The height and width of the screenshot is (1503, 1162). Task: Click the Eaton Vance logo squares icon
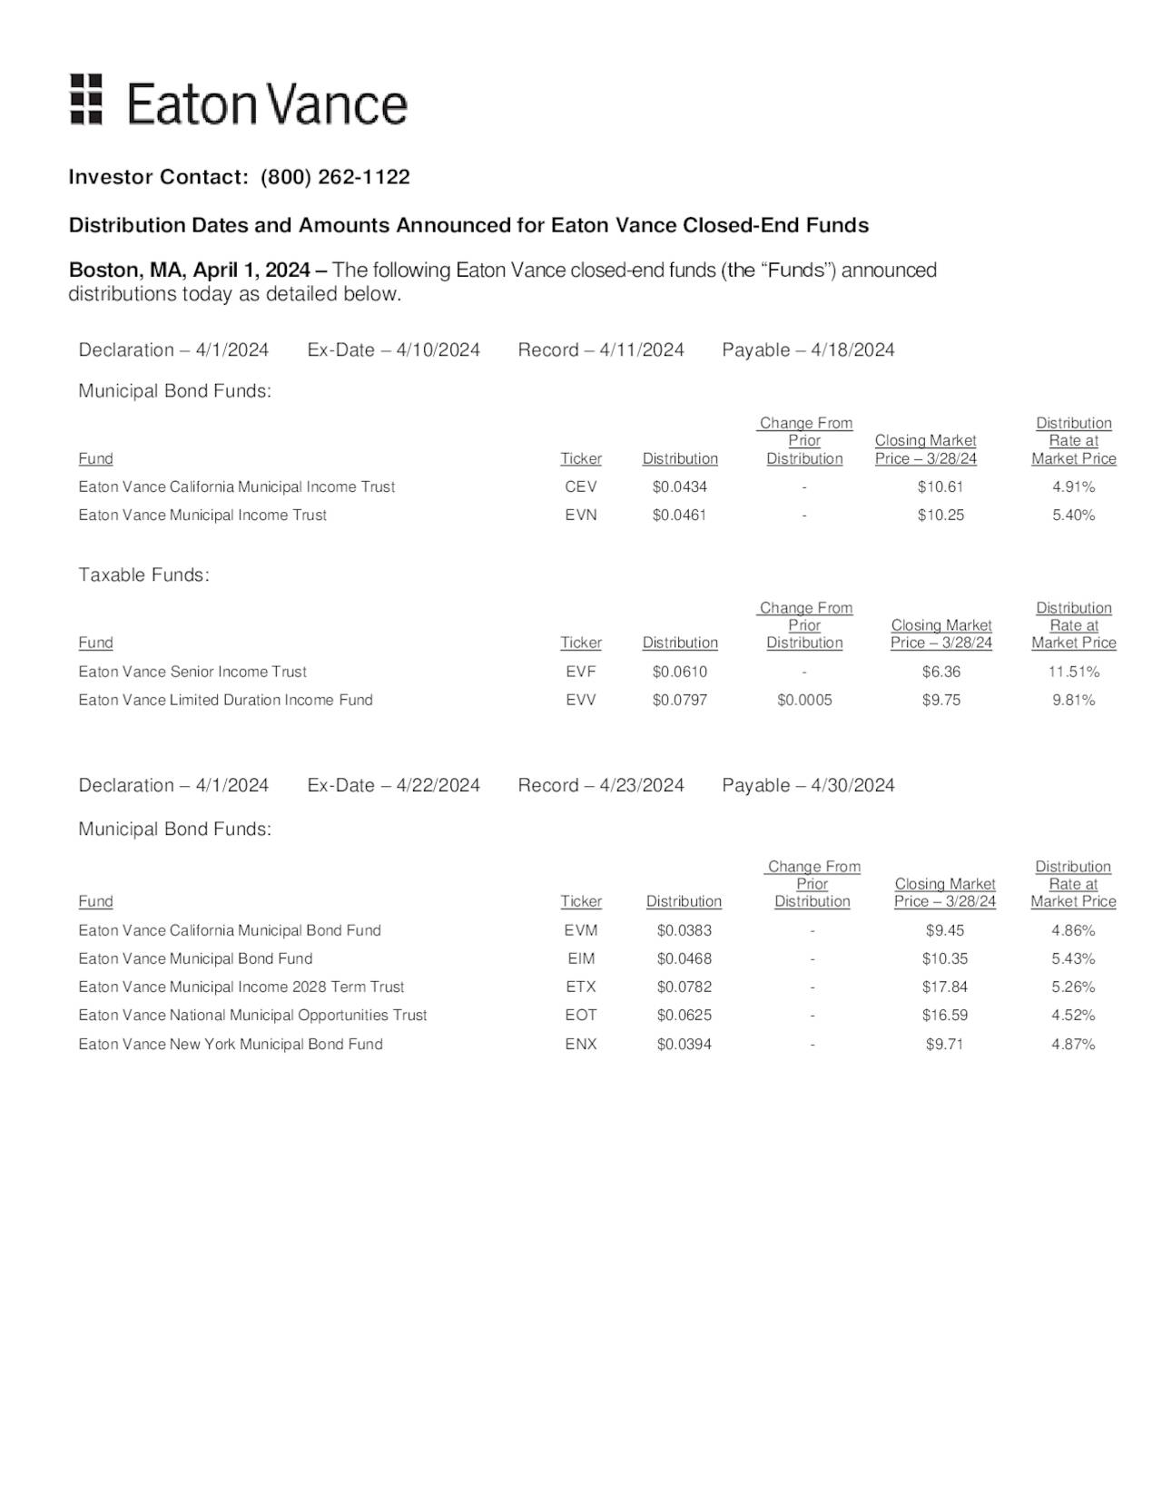(86, 99)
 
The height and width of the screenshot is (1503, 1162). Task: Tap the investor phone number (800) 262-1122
(335, 177)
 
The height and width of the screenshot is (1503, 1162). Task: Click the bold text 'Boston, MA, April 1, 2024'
(189, 270)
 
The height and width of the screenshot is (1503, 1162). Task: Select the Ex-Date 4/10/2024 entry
(393, 350)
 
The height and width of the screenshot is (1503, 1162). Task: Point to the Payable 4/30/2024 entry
(808, 785)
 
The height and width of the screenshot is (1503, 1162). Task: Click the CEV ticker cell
(581, 486)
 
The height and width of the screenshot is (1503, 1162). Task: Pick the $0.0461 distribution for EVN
(679, 515)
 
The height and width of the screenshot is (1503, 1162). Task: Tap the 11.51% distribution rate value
(1073, 672)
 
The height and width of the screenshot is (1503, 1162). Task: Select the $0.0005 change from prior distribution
(804, 700)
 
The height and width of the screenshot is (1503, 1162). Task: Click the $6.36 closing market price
(940, 672)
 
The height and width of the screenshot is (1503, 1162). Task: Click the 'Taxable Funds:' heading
(143, 575)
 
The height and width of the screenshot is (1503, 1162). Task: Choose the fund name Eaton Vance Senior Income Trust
(192, 672)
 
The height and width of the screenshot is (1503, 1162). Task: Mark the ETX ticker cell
(581, 987)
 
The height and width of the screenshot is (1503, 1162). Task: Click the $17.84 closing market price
(944, 987)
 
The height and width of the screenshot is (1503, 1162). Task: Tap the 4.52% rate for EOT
(1073, 1015)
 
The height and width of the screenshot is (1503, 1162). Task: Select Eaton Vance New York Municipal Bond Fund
(231, 1044)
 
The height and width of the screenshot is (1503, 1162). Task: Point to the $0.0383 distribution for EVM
(684, 930)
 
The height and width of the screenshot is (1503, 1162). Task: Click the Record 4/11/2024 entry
(600, 350)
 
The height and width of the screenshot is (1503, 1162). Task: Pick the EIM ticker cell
(581, 958)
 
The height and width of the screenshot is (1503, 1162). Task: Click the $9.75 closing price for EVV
(940, 700)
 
